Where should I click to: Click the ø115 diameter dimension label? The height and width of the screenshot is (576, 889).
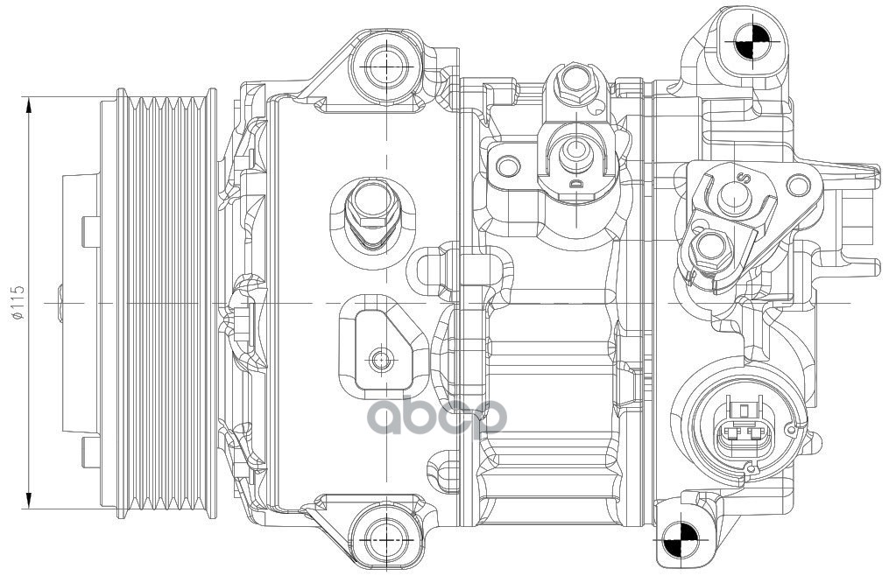(18, 303)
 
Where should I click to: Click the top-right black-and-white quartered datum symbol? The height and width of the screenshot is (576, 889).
(751, 41)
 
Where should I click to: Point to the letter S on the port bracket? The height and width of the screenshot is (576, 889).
(744, 178)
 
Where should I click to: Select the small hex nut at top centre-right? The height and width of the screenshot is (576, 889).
(575, 84)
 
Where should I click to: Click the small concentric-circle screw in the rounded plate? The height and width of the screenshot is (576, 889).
(380, 359)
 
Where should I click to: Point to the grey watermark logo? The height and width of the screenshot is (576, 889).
(437, 416)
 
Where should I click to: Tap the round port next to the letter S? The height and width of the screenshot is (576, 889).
(734, 196)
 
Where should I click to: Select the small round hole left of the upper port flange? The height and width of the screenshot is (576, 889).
(507, 166)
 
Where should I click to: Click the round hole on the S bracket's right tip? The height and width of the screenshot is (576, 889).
(799, 184)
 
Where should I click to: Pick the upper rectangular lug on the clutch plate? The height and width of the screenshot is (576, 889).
(91, 233)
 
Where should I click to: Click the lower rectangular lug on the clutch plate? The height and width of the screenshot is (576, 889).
(91, 452)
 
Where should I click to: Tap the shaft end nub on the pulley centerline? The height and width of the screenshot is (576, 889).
(60, 303)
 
